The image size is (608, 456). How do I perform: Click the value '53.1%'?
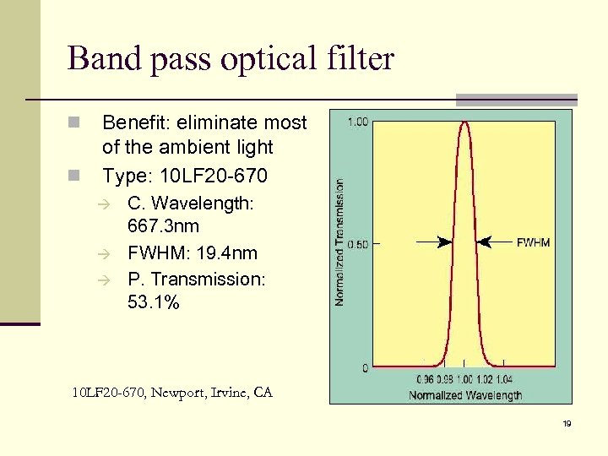tap(153, 302)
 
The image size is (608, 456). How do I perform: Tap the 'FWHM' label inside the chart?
tap(533, 242)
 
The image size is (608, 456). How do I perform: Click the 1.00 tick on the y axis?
tap(357, 122)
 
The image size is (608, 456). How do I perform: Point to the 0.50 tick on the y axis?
tap(357, 245)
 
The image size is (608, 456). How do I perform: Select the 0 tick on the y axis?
tap(364, 368)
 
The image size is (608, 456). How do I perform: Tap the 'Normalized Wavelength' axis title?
tap(464, 394)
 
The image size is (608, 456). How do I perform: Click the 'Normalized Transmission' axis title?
tap(339, 242)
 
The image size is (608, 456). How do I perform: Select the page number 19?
tap(567, 423)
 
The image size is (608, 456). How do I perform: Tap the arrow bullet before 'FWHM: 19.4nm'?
tap(111, 254)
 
